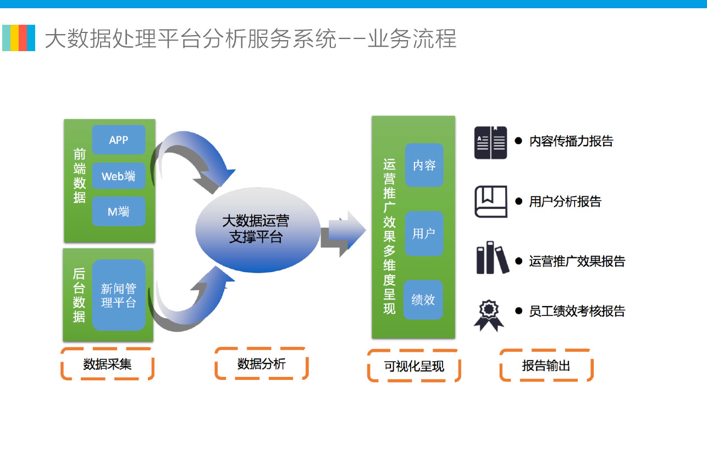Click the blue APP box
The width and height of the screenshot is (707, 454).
(x=119, y=140)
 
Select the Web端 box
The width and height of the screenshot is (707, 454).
(x=119, y=176)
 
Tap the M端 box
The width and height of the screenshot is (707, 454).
(x=119, y=211)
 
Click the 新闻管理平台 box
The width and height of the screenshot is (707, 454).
(x=119, y=295)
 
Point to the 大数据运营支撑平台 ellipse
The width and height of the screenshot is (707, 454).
(x=258, y=230)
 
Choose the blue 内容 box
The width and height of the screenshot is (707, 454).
(x=424, y=165)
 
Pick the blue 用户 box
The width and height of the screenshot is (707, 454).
(x=424, y=234)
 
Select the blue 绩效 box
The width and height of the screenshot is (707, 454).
(x=423, y=300)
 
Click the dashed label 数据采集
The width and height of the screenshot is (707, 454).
(x=107, y=364)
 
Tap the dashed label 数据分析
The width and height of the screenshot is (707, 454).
(x=261, y=363)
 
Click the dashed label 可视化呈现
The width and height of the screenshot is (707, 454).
(x=414, y=366)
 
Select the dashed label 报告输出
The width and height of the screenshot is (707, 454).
(x=546, y=366)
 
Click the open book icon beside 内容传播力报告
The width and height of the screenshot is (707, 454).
(x=490, y=142)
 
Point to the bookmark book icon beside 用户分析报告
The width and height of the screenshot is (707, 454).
(x=491, y=202)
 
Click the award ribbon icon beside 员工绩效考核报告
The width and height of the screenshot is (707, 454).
(x=489, y=315)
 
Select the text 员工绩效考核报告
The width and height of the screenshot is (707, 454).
(x=577, y=311)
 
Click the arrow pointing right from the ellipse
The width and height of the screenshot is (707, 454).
(x=344, y=234)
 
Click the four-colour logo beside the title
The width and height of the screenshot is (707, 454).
(x=19, y=38)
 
